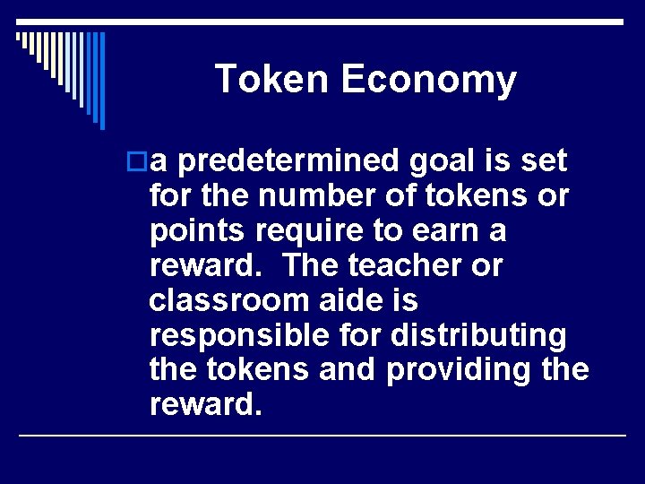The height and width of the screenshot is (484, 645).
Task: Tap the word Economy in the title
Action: point(429,81)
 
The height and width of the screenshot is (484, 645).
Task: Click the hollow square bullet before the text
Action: point(139,162)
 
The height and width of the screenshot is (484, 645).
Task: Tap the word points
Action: point(200,231)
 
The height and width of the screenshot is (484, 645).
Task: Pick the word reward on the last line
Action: point(202,405)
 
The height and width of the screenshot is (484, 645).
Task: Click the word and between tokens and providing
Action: point(345,369)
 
